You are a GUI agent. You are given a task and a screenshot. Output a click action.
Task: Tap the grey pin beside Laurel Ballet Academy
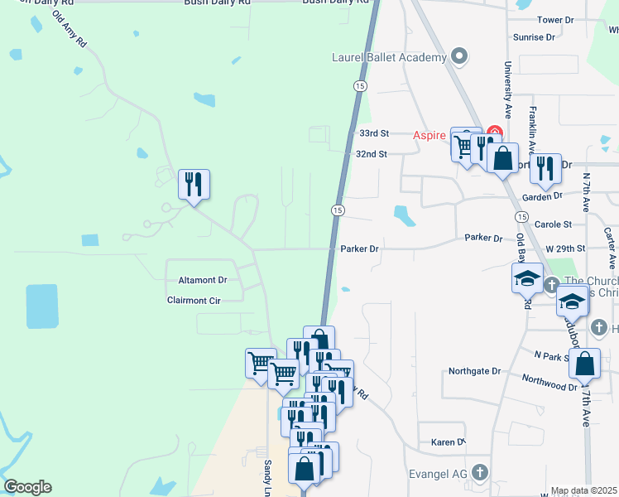(x=460, y=58)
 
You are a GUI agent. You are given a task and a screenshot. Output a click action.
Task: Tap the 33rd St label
(x=373, y=133)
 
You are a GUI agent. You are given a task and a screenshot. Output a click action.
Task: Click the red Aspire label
(x=429, y=134)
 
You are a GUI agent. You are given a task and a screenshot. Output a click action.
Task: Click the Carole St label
(x=554, y=224)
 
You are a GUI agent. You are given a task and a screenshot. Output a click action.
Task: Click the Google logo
(x=27, y=487)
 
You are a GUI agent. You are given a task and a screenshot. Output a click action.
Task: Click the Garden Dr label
(x=542, y=196)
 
